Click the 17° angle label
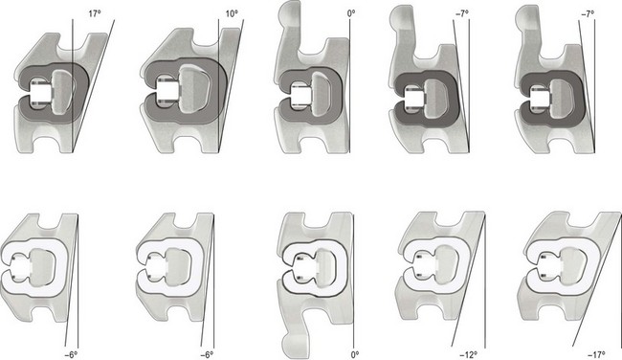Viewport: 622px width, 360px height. [95, 13]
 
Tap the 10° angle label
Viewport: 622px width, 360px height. [232, 13]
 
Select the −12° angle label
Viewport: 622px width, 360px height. [469, 354]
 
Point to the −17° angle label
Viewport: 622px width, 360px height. [596, 354]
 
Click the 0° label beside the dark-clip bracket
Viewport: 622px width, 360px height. [351, 13]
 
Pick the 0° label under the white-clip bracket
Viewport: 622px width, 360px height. [355, 354]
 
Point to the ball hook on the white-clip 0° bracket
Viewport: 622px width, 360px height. [295, 346]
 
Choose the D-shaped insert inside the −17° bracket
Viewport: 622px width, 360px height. [571, 265]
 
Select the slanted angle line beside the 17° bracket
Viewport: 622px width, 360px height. [94, 85]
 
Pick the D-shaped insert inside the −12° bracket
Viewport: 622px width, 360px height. [448, 265]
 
